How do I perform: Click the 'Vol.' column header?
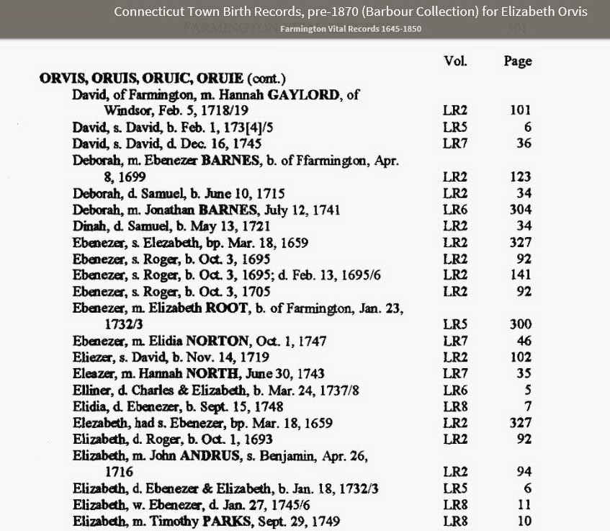tap(455, 61)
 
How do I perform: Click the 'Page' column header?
tap(517, 61)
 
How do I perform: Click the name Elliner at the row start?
tap(90, 391)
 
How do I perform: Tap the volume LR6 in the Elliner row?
tap(455, 391)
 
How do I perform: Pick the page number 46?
tap(524, 342)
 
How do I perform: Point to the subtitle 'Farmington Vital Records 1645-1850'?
tap(351, 29)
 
